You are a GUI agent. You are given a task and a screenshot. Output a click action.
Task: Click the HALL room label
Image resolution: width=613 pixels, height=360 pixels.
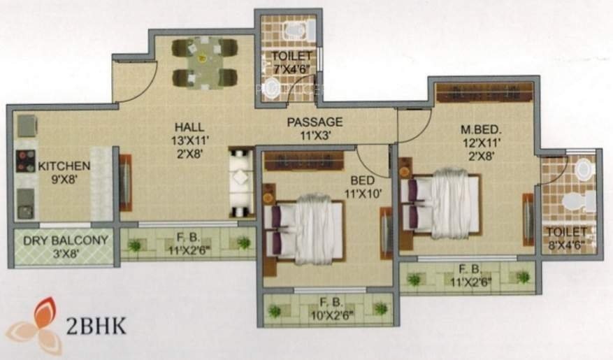[x=189, y=127]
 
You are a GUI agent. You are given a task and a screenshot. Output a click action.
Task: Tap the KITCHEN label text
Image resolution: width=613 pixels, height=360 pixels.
[x=64, y=166]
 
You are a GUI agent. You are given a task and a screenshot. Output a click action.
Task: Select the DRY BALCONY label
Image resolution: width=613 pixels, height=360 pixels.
[x=65, y=241]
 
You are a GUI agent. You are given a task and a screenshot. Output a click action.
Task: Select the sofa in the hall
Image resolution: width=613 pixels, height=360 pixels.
[x=240, y=182]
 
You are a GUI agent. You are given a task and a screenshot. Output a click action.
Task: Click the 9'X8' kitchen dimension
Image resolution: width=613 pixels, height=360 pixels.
[x=64, y=179]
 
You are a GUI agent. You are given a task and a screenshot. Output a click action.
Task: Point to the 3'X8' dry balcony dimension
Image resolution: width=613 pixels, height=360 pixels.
[x=65, y=253]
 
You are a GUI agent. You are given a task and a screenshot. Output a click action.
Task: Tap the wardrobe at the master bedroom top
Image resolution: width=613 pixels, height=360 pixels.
[x=484, y=92]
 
